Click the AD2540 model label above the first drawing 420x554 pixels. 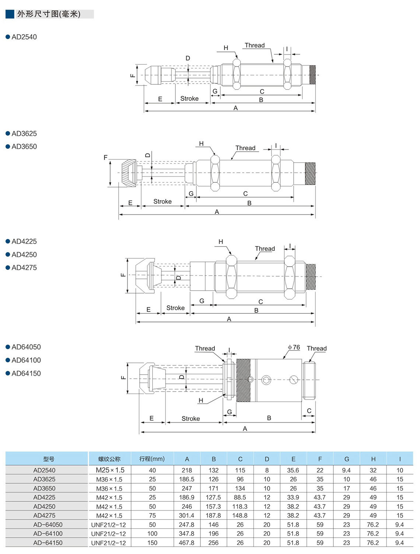tap(24, 37)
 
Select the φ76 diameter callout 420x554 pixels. tap(294, 347)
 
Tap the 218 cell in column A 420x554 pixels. tap(187, 470)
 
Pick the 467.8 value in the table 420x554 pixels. tap(187, 543)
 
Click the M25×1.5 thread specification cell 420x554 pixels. tap(110, 470)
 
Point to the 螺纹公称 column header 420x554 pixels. tap(109, 459)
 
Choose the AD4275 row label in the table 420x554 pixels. tap(44, 516)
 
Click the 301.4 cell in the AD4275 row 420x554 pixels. tap(187, 516)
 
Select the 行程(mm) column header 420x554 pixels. tap(152, 459)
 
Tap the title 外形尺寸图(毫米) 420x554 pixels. tap(49, 14)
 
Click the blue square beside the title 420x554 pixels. tap(10, 14)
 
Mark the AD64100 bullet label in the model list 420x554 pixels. tap(26, 360)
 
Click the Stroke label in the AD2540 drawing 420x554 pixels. tap(189, 99)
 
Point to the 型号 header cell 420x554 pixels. tap(49, 459)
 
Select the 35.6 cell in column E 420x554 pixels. tap(293, 470)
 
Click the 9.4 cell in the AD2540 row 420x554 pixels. tap(346, 470)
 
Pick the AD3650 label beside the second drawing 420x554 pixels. tap(24, 147)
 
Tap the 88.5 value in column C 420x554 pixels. tap(240, 497)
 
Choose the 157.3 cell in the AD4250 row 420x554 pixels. tap(213, 506)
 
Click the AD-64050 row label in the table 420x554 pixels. tap(48, 525)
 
